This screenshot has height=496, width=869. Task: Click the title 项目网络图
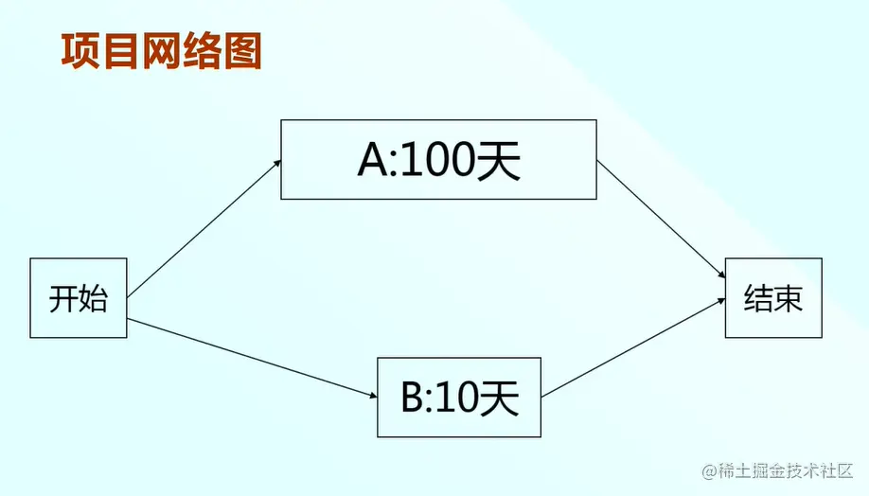point(161,51)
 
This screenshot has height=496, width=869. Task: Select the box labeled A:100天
point(438,159)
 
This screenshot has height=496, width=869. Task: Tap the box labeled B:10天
point(459,397)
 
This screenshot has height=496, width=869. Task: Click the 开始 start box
point(79,297)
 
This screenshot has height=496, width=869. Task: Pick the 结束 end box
point(773,297)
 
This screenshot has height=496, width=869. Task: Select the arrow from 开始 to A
point(204,228)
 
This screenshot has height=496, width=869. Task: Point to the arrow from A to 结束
point(660,219)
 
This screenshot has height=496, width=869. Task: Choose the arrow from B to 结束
point(633,347)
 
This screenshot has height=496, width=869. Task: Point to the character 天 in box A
point(499,163)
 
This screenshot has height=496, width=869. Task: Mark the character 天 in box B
point(500,399)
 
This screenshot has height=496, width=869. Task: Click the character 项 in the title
point(80,51)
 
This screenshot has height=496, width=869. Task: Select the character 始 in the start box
point(94,299)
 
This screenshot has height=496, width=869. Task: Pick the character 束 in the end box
point(789,299)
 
